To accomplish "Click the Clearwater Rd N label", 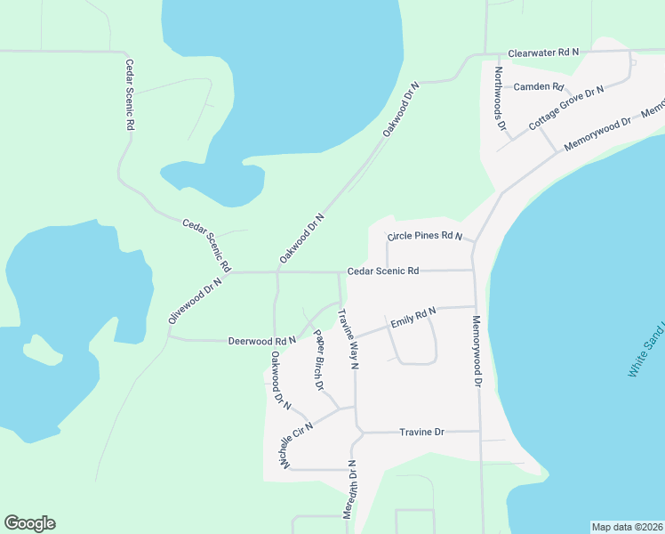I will [543, 53].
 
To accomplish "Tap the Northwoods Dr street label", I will [501, 101].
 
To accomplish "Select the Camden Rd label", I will [540, 87].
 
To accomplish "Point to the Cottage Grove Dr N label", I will [566, 109].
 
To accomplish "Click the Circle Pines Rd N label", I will [425, 237].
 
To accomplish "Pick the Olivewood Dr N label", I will [194, 303].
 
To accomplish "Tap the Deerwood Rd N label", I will [261, 340].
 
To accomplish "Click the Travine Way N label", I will [347, 339].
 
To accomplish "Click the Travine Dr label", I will [421, 432].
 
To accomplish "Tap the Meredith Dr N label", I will [349, 489].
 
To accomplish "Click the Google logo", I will [29, 523].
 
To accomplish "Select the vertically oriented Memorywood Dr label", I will [477, 352].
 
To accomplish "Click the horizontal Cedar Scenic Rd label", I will [383, 271].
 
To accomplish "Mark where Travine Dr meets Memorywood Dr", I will [480, 433].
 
